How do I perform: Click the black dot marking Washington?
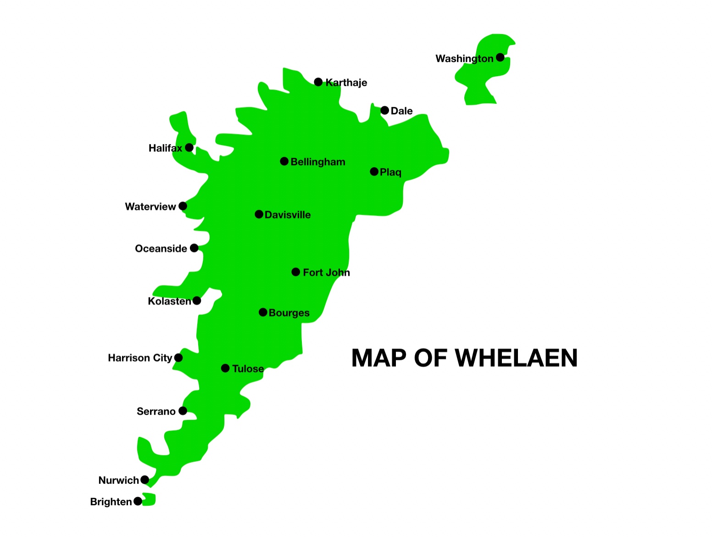point(500,57)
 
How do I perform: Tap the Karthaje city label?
point(346,83)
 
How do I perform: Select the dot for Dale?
point(384,110)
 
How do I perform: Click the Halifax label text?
point(165,148)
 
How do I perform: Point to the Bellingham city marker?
point(284,161)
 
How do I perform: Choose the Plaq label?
point(391,172)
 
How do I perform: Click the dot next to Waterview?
point(183,206)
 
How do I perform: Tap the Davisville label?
point(288,215)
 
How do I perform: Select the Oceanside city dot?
point(194,248)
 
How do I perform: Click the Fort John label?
point(326,273)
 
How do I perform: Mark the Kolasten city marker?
point(197,301)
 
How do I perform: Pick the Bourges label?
point(289,313)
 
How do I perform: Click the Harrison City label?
point(140,358)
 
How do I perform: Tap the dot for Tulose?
point(225,368)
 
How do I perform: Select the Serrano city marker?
point(183,411)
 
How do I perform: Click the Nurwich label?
point(118,481)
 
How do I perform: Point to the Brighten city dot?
point(138,501)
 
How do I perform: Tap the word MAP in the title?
point(379,358)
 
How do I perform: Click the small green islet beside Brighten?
point(150,500)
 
